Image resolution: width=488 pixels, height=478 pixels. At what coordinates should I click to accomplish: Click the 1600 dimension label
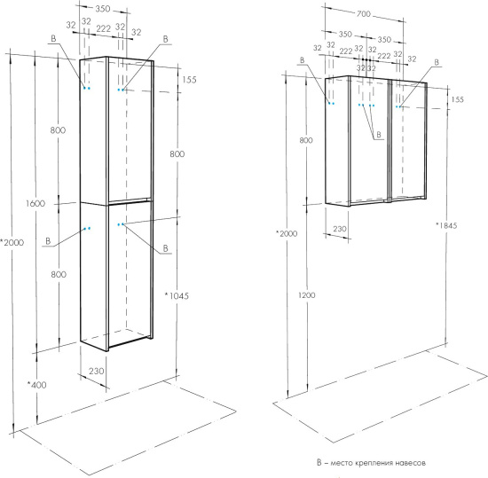point(35,204)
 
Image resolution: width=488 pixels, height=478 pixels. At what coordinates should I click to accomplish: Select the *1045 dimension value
point(177,295)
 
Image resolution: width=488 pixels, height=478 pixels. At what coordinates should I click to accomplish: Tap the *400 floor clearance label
point(36,385)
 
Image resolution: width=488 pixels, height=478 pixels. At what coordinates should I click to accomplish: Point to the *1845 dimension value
point(446,225)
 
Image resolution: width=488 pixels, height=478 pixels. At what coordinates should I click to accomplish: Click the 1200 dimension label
point(307,295)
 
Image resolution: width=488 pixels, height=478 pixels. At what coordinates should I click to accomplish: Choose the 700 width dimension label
point(364,13)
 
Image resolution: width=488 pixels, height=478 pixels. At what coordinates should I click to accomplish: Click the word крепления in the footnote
point(369,463)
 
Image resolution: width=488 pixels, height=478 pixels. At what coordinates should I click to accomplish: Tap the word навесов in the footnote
point(411,463)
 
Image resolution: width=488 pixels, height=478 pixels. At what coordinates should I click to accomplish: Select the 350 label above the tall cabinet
point(103,9)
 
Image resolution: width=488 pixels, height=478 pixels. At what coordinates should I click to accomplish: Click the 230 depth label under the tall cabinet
point(97,371)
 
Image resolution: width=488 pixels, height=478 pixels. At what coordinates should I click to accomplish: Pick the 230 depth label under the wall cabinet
point(340,229)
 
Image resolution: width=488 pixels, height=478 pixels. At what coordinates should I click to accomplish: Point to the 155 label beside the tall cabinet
point(189,80)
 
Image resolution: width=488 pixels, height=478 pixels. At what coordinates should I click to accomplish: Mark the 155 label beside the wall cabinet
point(457,100)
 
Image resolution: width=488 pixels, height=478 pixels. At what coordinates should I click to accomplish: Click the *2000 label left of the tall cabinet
point(12,242)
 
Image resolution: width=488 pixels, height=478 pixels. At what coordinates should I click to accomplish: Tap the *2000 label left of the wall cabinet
point(287,233)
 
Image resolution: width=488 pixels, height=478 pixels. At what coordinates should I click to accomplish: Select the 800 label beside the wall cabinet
point(306,140)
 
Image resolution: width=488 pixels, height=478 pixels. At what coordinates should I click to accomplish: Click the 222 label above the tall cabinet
point(103,29)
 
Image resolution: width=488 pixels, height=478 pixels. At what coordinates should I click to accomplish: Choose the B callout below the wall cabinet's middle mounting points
point(379,135)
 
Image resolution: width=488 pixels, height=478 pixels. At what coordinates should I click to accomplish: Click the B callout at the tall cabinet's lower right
point(166,248)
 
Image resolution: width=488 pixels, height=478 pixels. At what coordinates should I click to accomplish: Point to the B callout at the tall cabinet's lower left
point(48,241)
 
